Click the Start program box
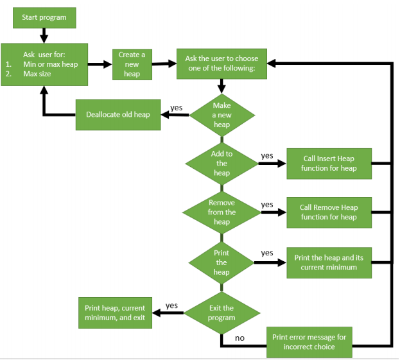tap(44, 18)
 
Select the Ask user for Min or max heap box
tap(44, 64)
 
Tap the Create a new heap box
tap(132, 64)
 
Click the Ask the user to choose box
tap(222, 63)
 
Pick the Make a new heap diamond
tap(222, 115)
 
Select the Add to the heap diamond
tap(222, 164)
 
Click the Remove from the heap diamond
tap(222, 212)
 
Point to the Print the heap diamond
tap(222, 262)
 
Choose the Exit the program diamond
tap(222, 313)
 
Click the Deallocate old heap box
tap(118, 115)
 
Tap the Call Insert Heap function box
tap(329, 164)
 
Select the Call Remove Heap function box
tap(329, 212)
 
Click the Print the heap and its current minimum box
tap(329, 262)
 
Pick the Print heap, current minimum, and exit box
tap(115, 313)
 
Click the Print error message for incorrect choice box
tap(309, 341)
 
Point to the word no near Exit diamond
tap(239, 338)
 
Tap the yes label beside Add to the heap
tap(267, 155)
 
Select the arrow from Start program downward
tap(44, 36)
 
